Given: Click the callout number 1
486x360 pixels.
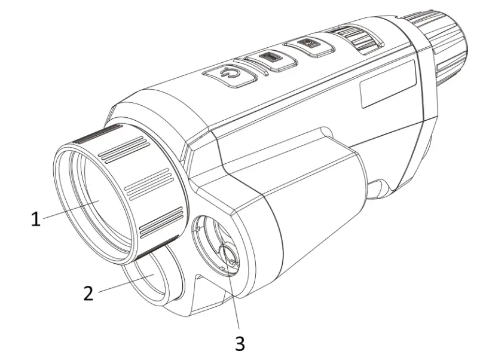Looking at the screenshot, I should tap(36, 219).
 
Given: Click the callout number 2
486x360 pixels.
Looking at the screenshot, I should tap(88, 294).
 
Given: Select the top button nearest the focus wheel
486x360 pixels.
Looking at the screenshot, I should tap(310, 44).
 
